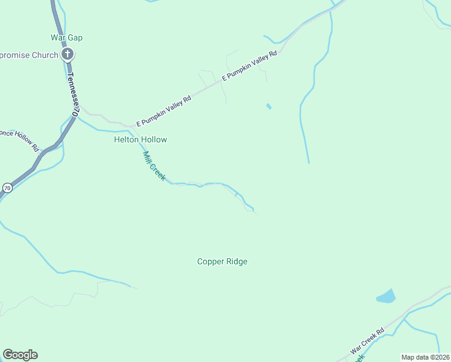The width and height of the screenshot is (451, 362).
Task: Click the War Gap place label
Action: point(66,37)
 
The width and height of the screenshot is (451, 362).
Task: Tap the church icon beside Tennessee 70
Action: point(68,55)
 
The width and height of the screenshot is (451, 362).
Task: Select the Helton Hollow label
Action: point(140,139)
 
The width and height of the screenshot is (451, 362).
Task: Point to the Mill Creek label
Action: point(154,166)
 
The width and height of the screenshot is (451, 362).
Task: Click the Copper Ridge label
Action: point(222,261)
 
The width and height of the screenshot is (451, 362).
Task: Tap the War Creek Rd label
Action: point(368,341)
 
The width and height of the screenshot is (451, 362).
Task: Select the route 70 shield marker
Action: point(7,188)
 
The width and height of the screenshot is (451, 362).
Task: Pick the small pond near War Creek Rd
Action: point(386,296)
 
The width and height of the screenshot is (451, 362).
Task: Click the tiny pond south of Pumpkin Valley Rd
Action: point(268,107)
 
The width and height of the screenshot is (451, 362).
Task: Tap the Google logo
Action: point(20,355)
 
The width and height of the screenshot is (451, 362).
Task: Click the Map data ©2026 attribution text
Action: point(425,357)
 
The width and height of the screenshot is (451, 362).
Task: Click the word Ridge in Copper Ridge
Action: point(236,261)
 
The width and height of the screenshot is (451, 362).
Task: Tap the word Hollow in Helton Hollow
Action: point(154,139)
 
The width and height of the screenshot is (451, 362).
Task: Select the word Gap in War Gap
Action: point(75,37)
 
